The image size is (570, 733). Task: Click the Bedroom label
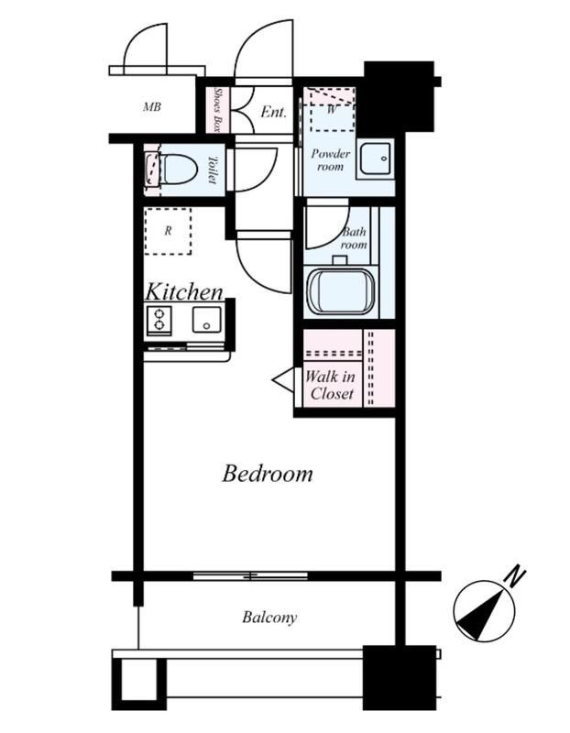[268, 473]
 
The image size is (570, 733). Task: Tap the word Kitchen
[184, 291]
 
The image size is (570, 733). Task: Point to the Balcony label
[269, 617]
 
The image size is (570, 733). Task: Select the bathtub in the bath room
[340, 291]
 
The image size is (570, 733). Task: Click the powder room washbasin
[375, 159]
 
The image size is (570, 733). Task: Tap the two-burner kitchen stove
[159, 320]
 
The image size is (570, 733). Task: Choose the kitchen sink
[206, 320]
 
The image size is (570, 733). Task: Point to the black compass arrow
[483, 615]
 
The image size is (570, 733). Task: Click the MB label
[152, 107]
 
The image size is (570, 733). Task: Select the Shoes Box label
[216, 110]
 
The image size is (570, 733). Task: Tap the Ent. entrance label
[273, 112]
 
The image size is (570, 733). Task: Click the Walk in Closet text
[331, 385]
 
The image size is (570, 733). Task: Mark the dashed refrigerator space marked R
[168, 231]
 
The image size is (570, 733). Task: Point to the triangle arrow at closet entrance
[283, 379]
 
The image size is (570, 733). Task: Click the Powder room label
[330, 159]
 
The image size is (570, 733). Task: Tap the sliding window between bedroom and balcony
[250, 575]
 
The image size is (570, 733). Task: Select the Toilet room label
[212, 170]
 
